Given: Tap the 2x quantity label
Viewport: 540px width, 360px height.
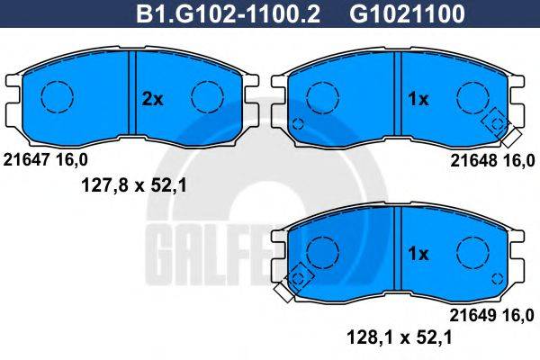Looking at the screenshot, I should (154, 100).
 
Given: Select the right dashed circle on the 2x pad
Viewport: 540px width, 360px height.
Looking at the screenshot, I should (207, 96).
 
